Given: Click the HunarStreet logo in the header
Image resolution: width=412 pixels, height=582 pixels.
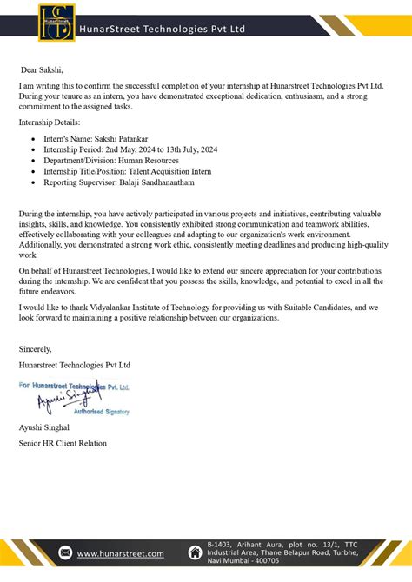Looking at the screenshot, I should click(55, 23).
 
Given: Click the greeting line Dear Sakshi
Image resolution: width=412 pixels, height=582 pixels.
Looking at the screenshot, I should click(43, 69).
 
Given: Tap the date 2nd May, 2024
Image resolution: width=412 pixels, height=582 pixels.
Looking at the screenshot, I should click(130, 149).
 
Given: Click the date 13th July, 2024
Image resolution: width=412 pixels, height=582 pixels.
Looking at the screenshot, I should click(191, 149).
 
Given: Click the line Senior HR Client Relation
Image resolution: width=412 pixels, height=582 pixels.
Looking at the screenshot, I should click(63, 443).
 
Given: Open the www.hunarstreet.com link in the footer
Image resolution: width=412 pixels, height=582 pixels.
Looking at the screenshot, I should click(121, 553).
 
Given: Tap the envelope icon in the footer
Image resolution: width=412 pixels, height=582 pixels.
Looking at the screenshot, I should click(65, 553).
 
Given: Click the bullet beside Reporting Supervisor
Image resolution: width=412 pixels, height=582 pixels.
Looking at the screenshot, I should click(33, 183).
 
